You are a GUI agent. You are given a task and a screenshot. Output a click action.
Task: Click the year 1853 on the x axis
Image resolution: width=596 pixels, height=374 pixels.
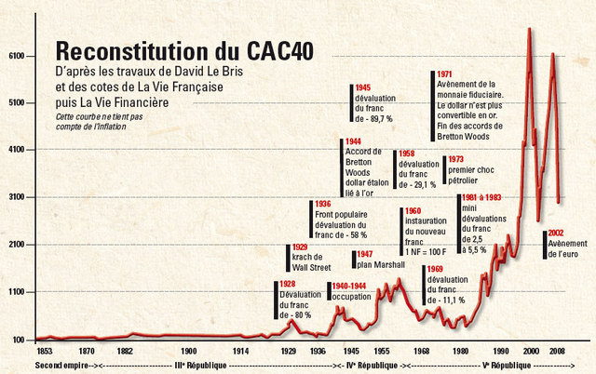[44, 352]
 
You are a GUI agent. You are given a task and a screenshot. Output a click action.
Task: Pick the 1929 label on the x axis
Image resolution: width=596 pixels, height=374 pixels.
[290, 352]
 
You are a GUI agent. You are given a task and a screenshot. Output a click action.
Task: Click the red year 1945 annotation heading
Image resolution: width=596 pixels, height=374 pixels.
[363, 88]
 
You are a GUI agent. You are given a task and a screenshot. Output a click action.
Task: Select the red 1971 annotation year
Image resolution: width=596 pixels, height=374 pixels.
[444, 74]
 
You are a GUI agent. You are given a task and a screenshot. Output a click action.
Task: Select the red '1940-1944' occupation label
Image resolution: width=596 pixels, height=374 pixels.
[349, 287]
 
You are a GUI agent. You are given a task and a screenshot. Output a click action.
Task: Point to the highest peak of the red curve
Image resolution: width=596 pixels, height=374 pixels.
[529, 29]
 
